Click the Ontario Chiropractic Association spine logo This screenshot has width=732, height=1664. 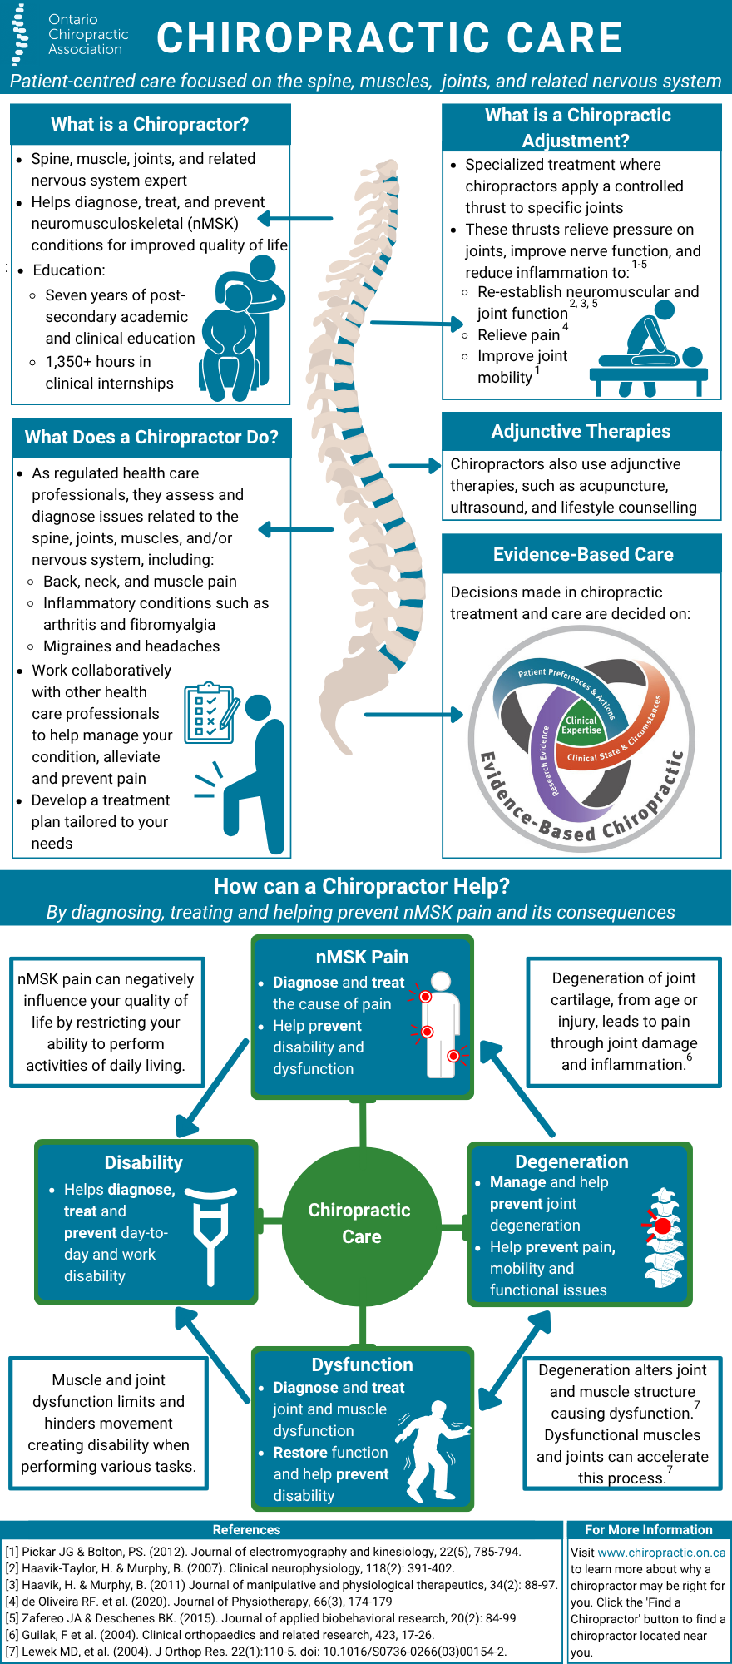(19, 35)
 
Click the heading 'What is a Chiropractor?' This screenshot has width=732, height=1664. (150, 125)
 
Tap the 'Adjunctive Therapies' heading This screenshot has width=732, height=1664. (581, 431)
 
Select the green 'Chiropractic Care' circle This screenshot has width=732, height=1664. (361, 1224)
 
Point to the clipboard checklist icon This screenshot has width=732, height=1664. (210, 712)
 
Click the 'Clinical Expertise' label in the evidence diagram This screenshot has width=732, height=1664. (581, 726)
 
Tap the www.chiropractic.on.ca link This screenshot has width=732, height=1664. (661, 1553)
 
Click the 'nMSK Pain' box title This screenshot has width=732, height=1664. (362, 957)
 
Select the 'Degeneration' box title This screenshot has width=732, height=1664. (571, 1161)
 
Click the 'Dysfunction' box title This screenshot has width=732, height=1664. (362, 1364)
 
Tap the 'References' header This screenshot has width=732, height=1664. (246, 1529)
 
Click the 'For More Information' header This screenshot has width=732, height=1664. (648, 1529)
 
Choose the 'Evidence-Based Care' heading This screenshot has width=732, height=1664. (582, 554)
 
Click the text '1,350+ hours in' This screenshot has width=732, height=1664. (98, 362)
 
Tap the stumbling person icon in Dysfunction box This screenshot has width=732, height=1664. (432, 1449)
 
